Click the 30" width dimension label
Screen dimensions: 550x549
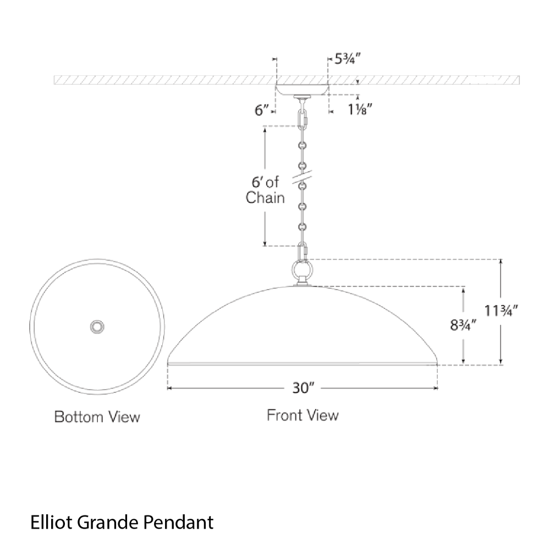pyautogui.click(x=303, y=388)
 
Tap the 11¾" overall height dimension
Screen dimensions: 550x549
pyautogui.click(x=501, y=310)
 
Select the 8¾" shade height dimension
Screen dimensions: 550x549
pyautogui.click(x=463, y=325)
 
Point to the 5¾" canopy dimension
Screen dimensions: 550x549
pyautogui.click(x=348, y=59)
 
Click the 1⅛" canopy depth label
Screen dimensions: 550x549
pyautogui.click(x=360, y=110)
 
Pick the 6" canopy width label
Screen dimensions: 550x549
pyautogui.click(x=262, y=110)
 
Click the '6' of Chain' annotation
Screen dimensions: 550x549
pyautogui.click(x=265, y=190)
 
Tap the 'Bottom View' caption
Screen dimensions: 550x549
pyautogui.click(x=97, y=417)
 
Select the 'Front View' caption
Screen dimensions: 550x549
pyautogui.click(x=302, y=415)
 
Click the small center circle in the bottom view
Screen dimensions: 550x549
pyautogui.click(x=97, y=327)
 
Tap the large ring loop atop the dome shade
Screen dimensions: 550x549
pyautogui.click(x=302, y=270)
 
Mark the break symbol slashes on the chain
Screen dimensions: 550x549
pyautogui.click(x=302, y=177)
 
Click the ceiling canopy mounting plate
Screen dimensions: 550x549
pyautogui.click(x=302, y=90)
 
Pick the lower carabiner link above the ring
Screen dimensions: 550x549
pyautogui.click(x=302, y=252)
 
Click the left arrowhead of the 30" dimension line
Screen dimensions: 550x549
pyautogui.click(x=169, y=388)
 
